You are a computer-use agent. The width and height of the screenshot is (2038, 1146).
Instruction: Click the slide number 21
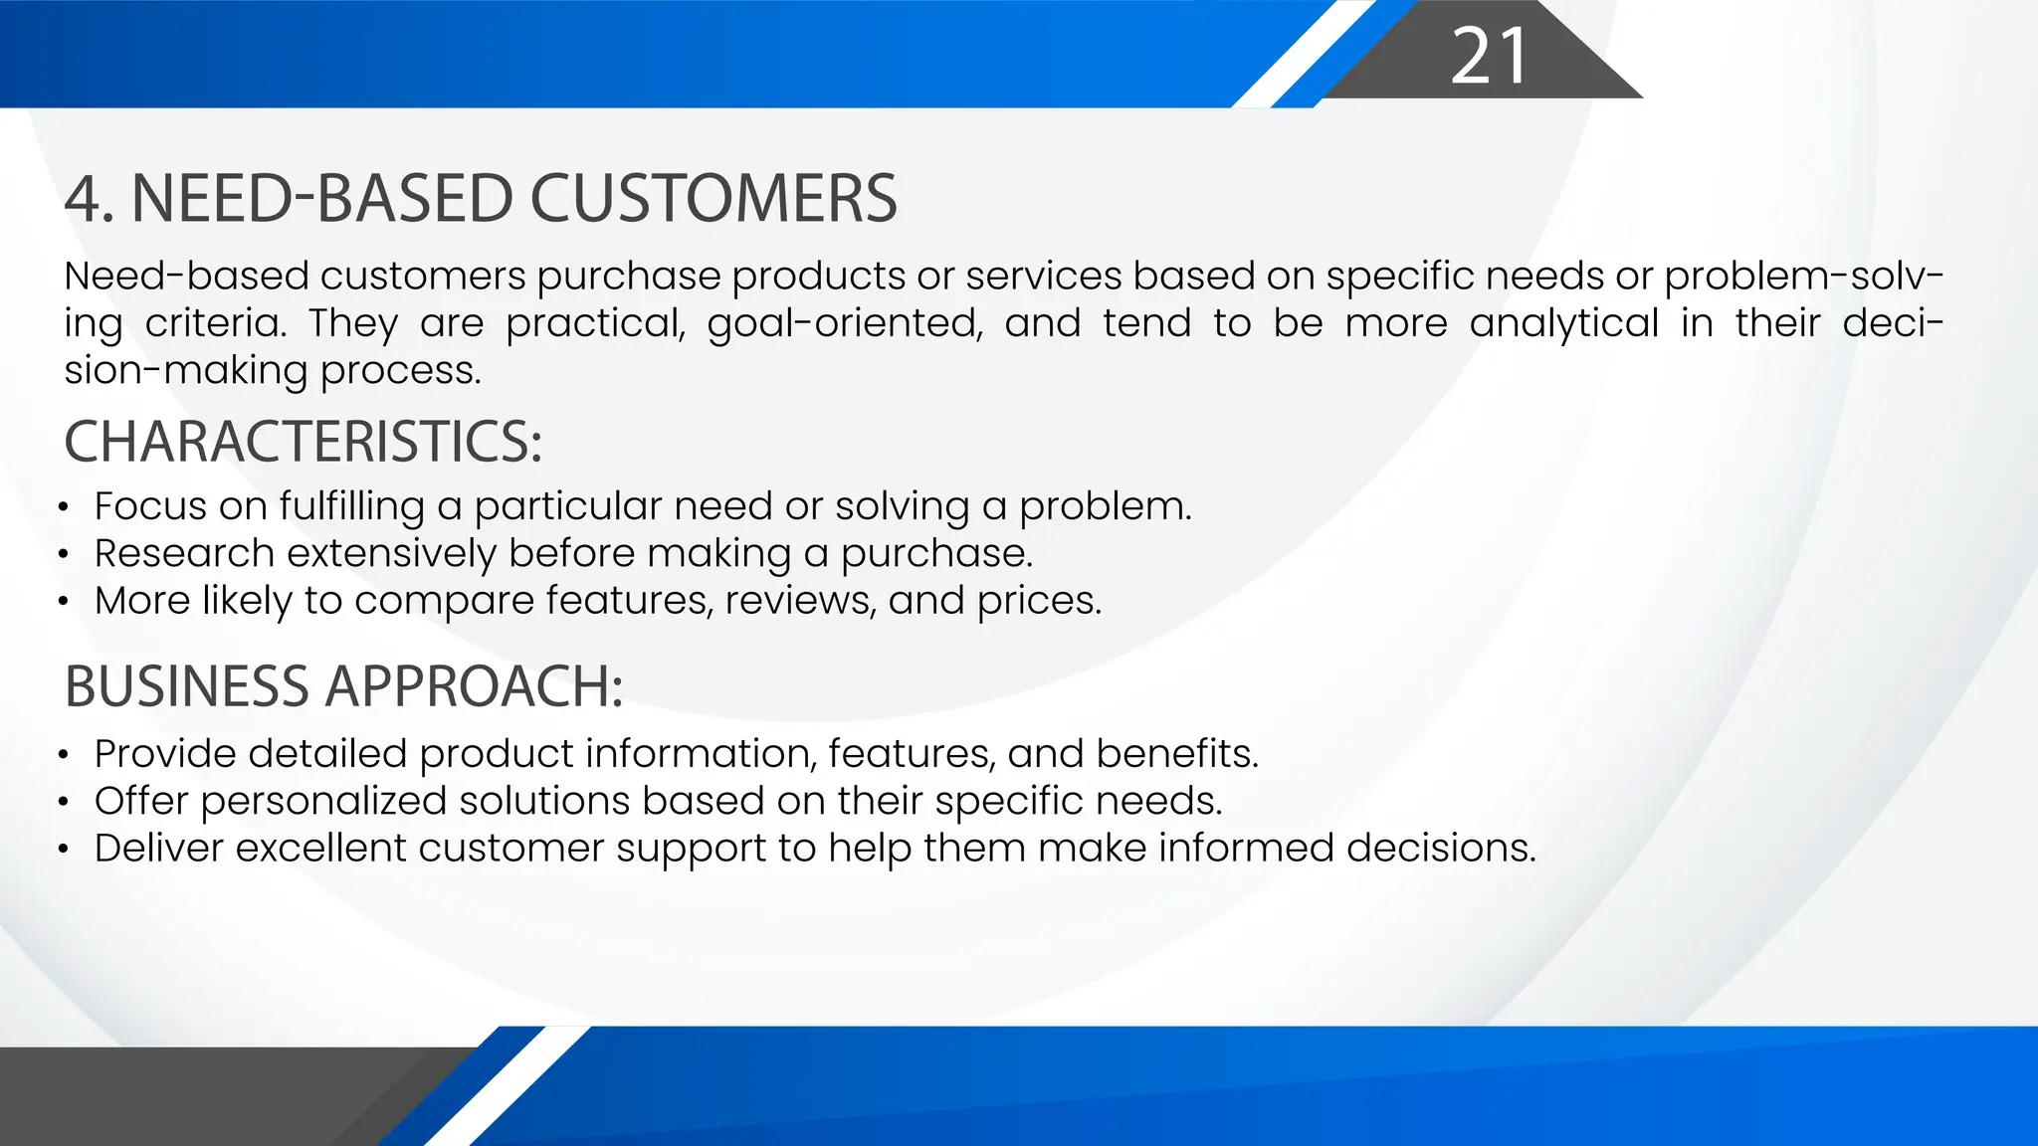[1489, 57]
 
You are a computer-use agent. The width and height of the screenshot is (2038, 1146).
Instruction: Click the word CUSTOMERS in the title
[713, 199]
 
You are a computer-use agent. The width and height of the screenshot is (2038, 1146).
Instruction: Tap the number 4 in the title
[83, 199]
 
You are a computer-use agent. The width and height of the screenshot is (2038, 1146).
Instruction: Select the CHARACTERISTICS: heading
[304, 442]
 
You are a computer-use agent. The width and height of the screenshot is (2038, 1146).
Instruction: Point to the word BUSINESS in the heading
[187, 686]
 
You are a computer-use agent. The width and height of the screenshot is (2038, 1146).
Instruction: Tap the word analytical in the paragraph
[1564, 324]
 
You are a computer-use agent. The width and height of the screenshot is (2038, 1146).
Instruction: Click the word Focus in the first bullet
[150, 506]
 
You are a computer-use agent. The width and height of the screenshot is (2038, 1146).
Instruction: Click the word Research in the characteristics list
[184, 554]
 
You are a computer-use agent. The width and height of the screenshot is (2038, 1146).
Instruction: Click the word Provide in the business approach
[165, 754]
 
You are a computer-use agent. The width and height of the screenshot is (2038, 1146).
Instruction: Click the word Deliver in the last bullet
[158, 849]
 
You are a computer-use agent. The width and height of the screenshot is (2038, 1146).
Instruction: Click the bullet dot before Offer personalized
[64, 802]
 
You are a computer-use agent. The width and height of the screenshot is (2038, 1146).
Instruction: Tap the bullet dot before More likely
[64, 602]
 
